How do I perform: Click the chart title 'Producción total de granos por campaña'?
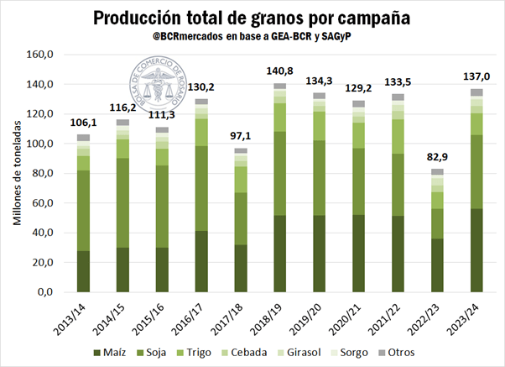click(252, 18)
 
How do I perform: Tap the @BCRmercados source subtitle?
click(252, 37)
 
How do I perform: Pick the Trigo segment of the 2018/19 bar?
click(280, 117)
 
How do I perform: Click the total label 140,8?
click(280, 71)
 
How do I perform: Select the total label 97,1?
click(240, 136)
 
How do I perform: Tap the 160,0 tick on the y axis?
click(41, 55)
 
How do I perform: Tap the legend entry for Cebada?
click(228, 352)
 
